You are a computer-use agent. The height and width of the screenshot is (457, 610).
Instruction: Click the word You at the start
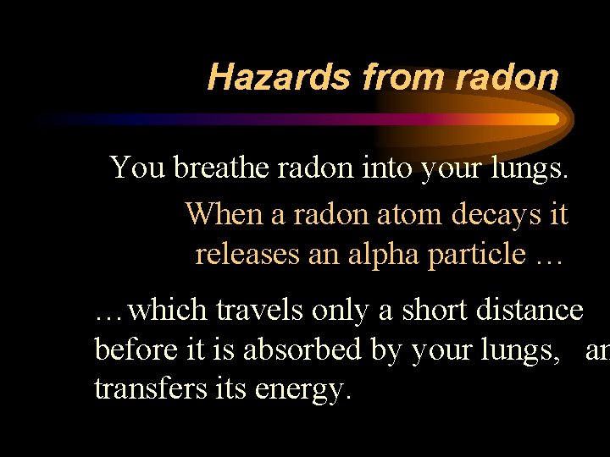tap(138, 168)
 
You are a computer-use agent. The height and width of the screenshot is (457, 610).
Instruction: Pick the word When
tap(225, 213)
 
